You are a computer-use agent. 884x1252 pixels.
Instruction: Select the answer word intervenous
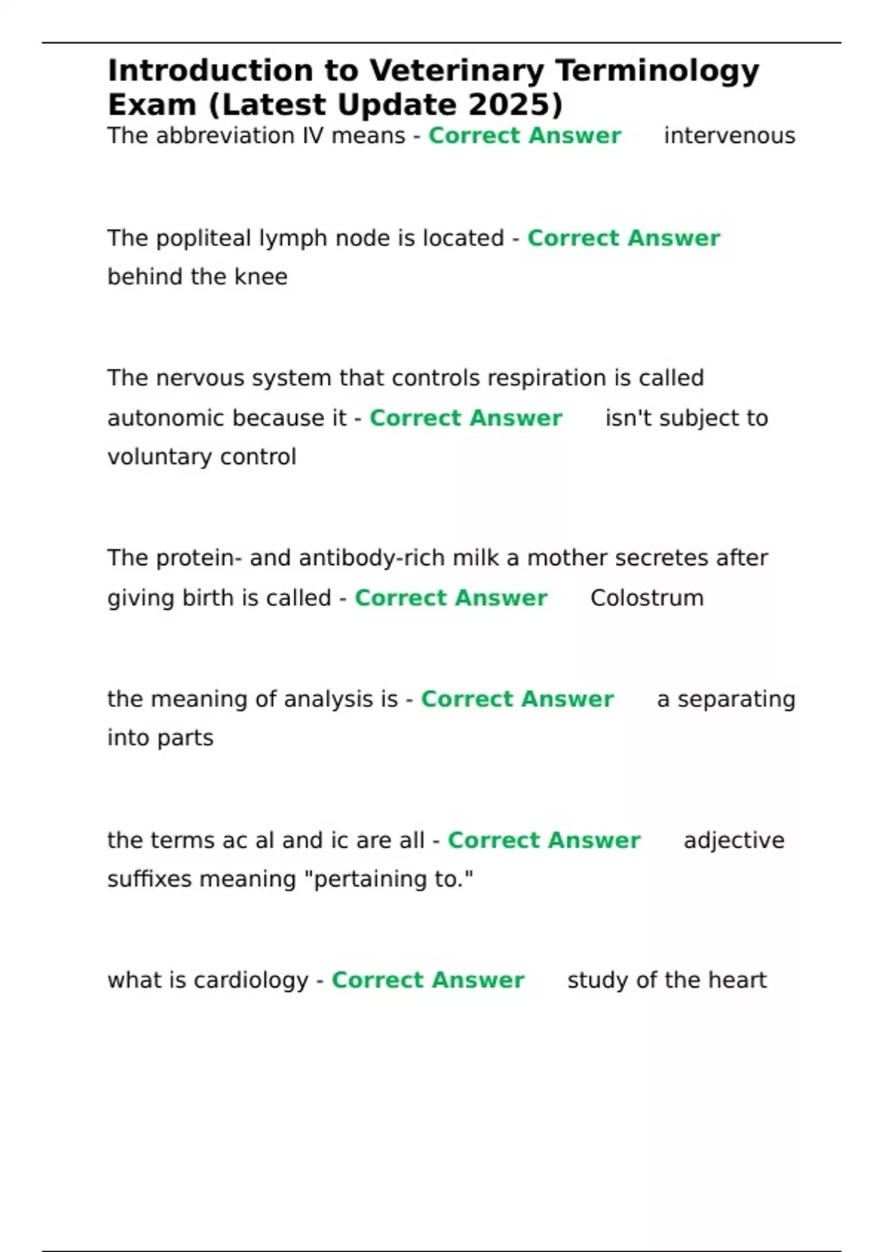tap(729, 136)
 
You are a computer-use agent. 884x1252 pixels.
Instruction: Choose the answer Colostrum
tap(647, 598)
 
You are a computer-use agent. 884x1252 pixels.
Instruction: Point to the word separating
tap(736, 700)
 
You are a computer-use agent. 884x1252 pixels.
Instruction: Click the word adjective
tap(734, 841)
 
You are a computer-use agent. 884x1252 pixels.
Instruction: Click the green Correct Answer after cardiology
tap(428, 981)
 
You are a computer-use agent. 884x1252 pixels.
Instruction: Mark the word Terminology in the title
tap(657, 71)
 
